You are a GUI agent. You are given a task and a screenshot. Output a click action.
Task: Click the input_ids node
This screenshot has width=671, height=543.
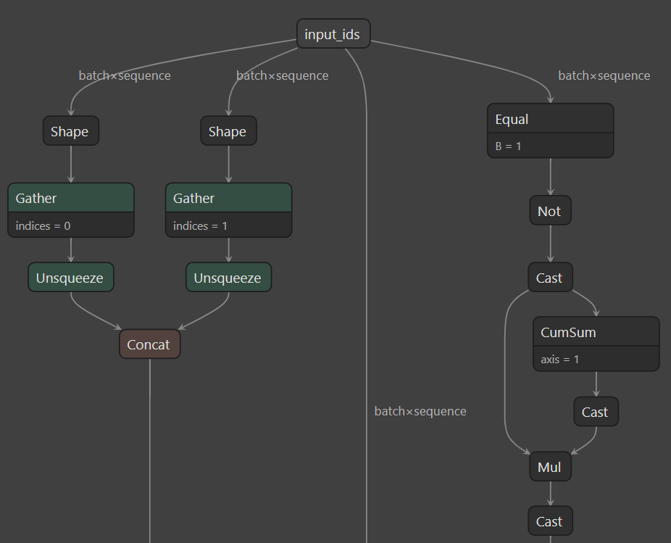(x=333, y=34)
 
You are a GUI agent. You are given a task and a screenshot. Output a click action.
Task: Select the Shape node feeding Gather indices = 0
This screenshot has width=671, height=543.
(x=70, y=131)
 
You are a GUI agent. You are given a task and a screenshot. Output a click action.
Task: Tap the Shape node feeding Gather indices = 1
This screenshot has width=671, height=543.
(x=228, y=131)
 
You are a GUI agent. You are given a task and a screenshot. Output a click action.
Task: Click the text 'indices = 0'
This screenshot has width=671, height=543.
(x=43, y=225)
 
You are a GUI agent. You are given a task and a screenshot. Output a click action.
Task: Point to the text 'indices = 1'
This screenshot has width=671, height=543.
(x=201, y=225)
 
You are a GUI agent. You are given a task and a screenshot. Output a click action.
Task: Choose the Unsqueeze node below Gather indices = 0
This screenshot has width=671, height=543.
(x=70, y=278)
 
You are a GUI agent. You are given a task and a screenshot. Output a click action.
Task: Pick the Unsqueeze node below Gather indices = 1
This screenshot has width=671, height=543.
(x=228, y=278)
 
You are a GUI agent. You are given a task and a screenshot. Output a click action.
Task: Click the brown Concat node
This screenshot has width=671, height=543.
(x=149, y=344)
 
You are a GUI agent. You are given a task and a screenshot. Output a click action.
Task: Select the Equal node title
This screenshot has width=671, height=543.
(x=512, y=119)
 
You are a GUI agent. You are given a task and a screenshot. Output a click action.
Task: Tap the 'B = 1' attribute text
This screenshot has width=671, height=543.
(x=509, y=146)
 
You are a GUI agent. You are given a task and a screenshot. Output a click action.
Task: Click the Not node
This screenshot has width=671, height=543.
(x=550, y=211)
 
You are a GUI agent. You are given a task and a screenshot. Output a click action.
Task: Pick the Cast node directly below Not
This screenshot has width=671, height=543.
(x=550, y=278)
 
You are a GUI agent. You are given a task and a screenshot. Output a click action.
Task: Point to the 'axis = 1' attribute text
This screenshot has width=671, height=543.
(x=560, y=359)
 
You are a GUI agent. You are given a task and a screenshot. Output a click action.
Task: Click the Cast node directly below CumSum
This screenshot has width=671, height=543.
(x=596, y=412)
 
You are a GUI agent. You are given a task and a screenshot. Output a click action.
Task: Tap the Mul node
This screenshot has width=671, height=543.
(x=550, y=468)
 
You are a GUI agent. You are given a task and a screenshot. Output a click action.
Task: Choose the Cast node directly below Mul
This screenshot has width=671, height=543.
(x=550, y=521)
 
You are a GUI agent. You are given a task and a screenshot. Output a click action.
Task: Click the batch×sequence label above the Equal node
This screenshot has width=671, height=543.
(x=604, y=75)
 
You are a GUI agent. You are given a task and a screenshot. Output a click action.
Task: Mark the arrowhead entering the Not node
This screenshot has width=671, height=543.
(x=550, y=192)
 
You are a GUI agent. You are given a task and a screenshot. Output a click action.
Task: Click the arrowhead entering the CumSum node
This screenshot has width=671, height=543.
(x=596, y=313)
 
